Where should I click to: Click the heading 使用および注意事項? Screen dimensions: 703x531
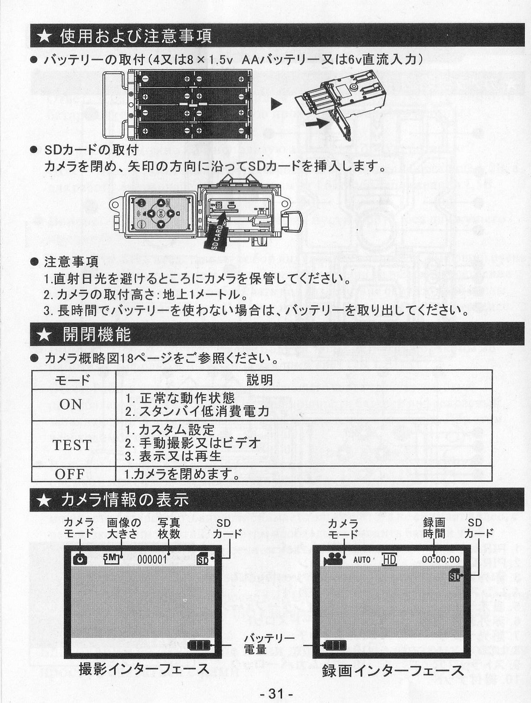(136, 36)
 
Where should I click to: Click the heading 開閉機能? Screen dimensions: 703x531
(97, 334)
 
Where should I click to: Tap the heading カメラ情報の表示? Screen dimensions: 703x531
(125, 499)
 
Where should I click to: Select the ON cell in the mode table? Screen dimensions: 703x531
(71, 404)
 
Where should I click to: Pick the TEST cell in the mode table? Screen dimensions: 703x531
(72, 445)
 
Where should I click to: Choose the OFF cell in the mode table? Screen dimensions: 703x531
(70, 474)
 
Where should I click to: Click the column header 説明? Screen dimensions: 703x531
(259, 380)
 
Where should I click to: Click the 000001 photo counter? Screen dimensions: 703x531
(152, 559)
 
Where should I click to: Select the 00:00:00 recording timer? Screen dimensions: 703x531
(441, 559)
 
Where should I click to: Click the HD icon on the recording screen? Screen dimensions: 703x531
(389, 559)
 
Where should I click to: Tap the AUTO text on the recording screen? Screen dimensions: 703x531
(362, 560)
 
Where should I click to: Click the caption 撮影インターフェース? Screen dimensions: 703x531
(144, 669)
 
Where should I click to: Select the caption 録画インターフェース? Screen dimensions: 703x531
(393, 670)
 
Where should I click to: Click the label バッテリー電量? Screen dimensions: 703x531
(269, 644)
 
